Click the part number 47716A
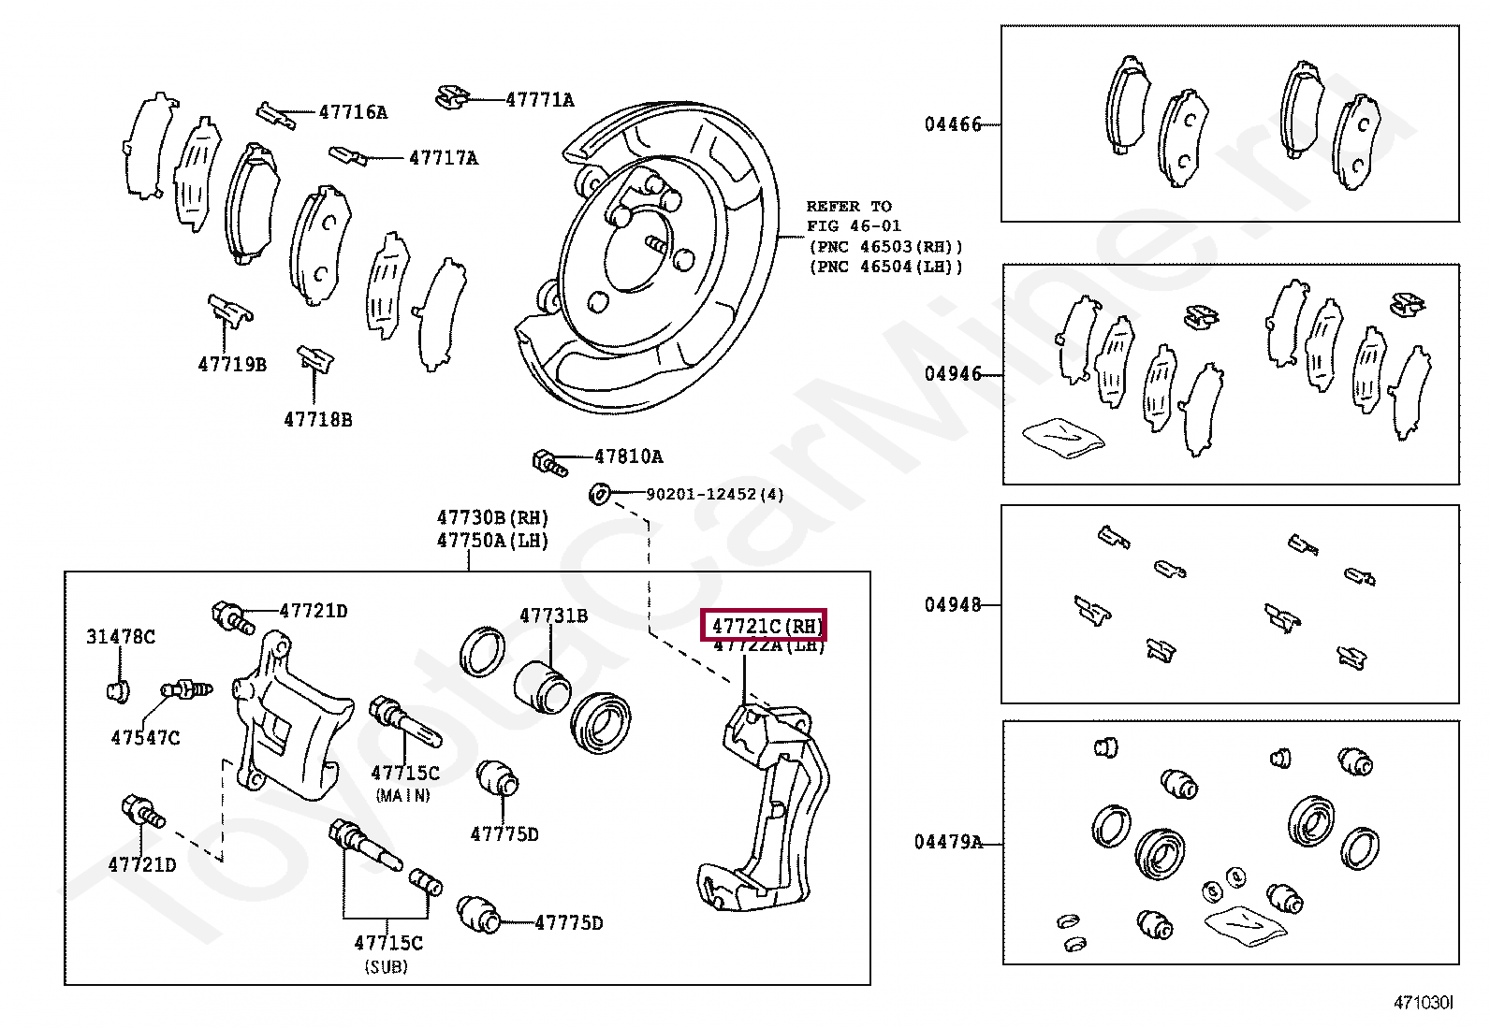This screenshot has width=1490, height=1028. [x=353, y=113]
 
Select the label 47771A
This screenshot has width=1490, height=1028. [x=540, y=100]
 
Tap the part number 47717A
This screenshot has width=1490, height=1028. [x=443, y=159]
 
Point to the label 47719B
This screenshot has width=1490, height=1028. [x=232, y=365]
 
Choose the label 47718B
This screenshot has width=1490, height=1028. [x=318, y=421]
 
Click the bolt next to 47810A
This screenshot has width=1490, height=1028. [x=548, y=460]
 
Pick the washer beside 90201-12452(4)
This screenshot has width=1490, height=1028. [x=600, y=492]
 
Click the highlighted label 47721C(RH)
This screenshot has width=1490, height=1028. [x=766, y=626]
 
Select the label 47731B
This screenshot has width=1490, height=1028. [x=554, y=615]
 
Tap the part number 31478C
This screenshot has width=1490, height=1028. [x=121, y=637]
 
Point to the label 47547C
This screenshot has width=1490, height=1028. [x=145, y=738]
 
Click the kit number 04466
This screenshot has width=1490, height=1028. [x=953, y=124]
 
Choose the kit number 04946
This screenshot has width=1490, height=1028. [x=953, y=374]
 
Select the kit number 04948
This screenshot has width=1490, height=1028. [x=953, y=605]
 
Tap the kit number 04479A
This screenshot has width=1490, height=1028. [x=948, y=843]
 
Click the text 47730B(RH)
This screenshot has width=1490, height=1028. [x=492, y=518]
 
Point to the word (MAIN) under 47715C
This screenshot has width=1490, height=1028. [x=403, y=795]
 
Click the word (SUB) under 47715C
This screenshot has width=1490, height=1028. [x=386, y=967]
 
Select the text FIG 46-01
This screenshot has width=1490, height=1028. [x=854, y=226]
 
